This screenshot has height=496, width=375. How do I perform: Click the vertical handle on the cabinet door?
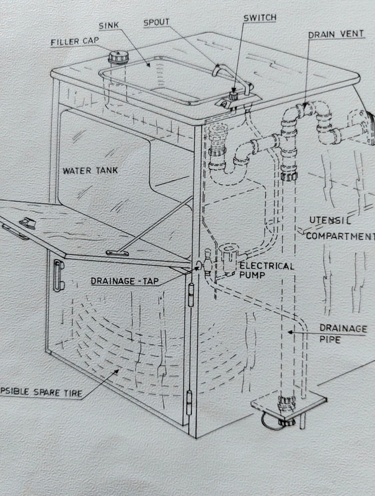pos(58,276)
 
